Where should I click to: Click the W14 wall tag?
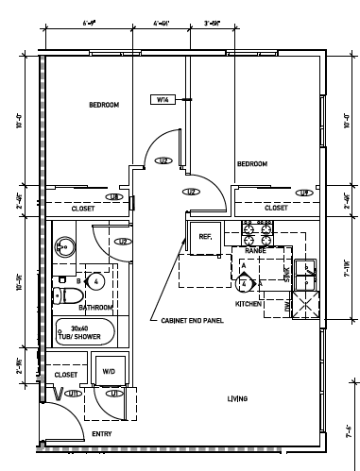click(163, 99)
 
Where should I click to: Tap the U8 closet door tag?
click(112, 197)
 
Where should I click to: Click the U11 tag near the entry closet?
click(73, 394)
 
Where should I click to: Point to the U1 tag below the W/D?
click(113, 394)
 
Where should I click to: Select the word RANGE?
click(255, 252)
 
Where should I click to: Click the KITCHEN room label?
click(248, 304)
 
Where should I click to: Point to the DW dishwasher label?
click(289, 308)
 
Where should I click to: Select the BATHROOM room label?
click(95, 308)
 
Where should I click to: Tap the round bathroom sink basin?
click(63, 248)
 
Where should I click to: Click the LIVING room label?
click(237, 399)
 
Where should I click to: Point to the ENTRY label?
click(101, 435)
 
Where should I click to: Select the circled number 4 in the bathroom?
click(95, 280)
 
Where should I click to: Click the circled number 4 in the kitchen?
click(244, 282)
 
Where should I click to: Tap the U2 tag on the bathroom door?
click(122, 242)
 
